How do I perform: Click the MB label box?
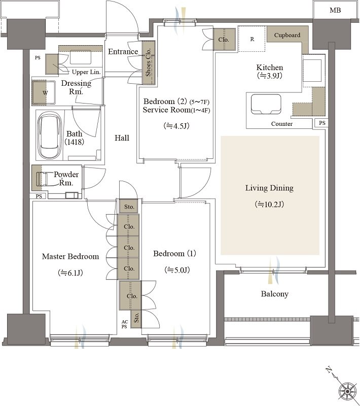[336, 10]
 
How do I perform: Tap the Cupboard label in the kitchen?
[287, 35]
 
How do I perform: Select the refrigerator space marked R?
[252, 39]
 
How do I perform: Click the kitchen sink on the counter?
[266, 104]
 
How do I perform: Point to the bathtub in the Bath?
[50, 135]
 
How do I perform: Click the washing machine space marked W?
[44, 93]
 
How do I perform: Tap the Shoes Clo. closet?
[149, 62]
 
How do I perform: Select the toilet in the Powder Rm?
[43, 179]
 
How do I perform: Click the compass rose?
[348, 391]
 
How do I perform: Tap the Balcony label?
[274, 294]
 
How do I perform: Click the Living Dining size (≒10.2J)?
[269, 205]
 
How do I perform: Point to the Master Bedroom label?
[70, 256]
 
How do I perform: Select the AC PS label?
[124, 324]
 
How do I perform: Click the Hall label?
[122, 138]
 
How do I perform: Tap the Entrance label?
[123, 52]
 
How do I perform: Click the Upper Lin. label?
[86, 72]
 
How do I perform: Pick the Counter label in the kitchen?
[281, 124]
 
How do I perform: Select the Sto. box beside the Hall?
[129, 207]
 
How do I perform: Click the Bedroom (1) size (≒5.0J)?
[177, 270]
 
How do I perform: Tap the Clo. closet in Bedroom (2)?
[224, 40]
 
